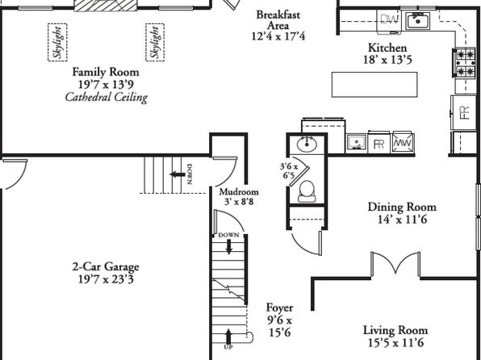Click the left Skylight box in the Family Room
(57, 42)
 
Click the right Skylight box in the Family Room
(155, 42)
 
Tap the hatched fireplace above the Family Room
(106, 6)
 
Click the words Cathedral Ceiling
(107, 98)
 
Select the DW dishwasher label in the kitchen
(389, 19)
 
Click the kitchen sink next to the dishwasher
(418, 21)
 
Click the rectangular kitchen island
(374, 85)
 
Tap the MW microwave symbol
(404, 142)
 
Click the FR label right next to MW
(379, 144)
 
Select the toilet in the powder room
(307, 191)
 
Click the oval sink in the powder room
(307, 144)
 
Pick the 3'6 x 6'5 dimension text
(289, 171)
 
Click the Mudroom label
(239, 192)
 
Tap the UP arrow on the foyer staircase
(228, 337)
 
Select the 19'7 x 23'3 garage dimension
(106, 279)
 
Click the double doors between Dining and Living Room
(395, 263)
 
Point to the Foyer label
(279, 308)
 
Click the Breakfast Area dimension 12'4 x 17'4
(278, 36)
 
